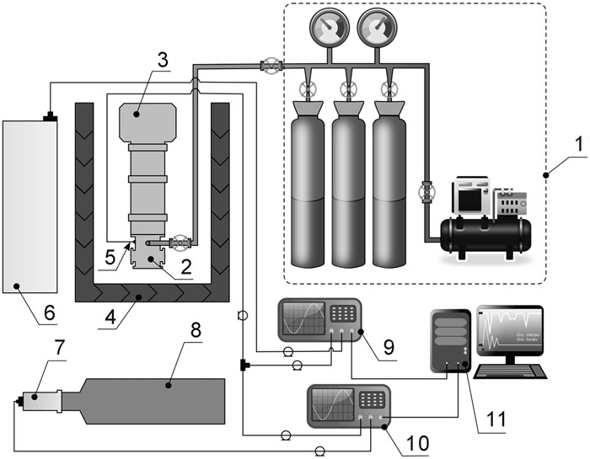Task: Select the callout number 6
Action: [x=48, y=312]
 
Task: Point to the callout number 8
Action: [x=195, y=329]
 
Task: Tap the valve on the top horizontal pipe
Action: [x=270, y=64]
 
